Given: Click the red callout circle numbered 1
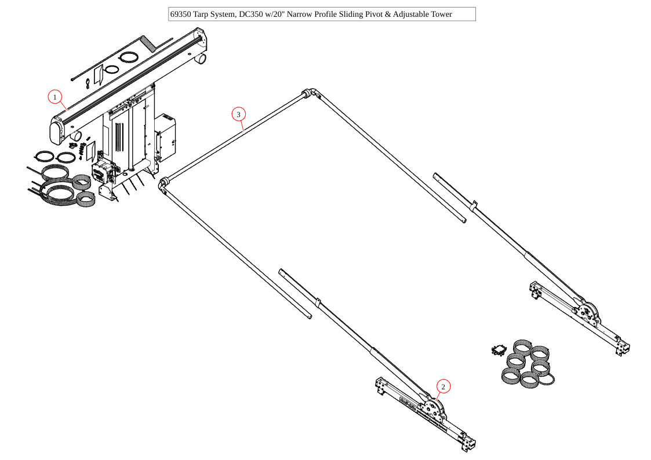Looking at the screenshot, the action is (55, 97).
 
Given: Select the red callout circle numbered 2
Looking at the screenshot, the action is (443, 386).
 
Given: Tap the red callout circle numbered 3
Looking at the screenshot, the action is (238, 115).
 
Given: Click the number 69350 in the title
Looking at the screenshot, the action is (181, 14).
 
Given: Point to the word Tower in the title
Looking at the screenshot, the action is (441, 14).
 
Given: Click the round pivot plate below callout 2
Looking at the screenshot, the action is (432, 408).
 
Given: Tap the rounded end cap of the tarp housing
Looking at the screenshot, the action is (57, 130).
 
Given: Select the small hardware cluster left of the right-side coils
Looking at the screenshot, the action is (499, 350).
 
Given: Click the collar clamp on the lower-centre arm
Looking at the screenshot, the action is (318, 302).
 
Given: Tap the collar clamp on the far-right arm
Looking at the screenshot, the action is (474, 205).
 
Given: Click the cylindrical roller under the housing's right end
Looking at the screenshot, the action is (201, 59).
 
